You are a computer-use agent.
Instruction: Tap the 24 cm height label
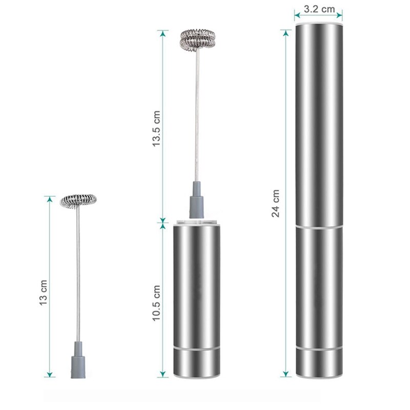pyautogui.click(x=276, y=203)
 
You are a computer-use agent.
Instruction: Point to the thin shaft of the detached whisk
pyautogui.click(x=79, y=272)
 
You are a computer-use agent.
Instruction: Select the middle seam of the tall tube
pyautogui.click(x=318, y=225)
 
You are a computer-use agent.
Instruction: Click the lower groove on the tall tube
pyautogui.click(x=318, y=348)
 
